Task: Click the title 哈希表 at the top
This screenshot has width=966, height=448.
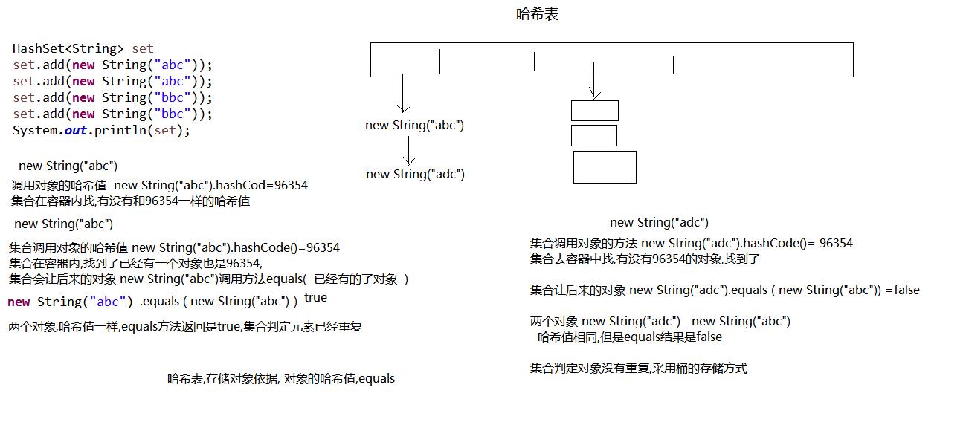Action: point(537,14)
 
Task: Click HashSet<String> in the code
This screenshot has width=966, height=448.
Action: point(68,49)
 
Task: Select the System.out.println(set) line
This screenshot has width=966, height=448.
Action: point(101,130)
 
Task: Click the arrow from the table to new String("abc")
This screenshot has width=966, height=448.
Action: point(402,94)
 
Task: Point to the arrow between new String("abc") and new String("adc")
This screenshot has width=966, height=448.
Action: point(408,150)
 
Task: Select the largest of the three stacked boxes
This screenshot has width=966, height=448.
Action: point(605,167)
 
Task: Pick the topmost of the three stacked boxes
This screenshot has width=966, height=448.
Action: point(594,111)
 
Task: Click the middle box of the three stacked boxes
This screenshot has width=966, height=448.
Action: point(593,136)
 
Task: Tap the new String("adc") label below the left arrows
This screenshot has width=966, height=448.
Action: point(415,175)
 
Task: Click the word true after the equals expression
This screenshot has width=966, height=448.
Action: point(315,298)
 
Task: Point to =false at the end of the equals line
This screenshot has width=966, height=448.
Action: point(903,290)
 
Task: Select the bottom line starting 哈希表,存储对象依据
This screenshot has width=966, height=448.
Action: point(281,379)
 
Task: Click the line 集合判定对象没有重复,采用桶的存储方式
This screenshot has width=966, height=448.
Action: point(638,369)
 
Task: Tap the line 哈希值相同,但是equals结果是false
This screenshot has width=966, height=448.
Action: point(629,337)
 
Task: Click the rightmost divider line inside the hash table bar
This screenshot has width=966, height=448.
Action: point(673,65)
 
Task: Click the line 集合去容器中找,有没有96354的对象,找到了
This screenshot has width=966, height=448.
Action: point(645,259)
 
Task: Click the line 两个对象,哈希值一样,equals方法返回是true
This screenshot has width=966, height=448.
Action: point(185,327)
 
